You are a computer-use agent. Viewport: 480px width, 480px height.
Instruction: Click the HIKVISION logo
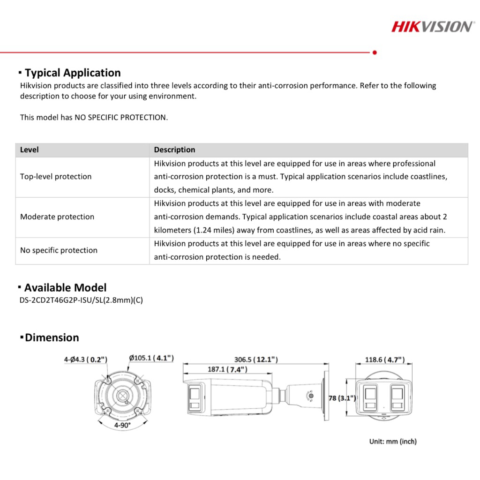(x=432, y=26)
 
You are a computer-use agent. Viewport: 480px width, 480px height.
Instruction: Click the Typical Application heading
(x=73, y=73)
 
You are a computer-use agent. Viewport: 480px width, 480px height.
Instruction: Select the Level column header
(x=30, y=150)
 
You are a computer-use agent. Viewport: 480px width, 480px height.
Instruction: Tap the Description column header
(x=174, y=150)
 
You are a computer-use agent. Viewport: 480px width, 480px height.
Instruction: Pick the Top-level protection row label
(x=56, y=177)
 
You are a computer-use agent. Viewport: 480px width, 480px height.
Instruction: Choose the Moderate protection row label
(x=57, y=217)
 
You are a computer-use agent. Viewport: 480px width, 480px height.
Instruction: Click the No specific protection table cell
(x=59, y=250)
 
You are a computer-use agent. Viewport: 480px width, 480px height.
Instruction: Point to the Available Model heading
(x=65, y=288)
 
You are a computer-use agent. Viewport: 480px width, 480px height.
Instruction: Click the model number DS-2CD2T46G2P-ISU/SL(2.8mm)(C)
(x=81, y=300)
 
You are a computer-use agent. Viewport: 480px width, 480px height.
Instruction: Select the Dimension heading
(x=52, y=337)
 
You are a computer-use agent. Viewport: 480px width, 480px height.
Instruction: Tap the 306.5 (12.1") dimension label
(x=256, y=360)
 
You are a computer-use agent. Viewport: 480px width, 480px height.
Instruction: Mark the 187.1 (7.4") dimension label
(x=227, y=369)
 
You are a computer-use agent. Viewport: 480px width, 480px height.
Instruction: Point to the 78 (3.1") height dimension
(x=342, y=398)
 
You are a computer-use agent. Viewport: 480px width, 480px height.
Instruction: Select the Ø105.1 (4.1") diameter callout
(x=151, y=358)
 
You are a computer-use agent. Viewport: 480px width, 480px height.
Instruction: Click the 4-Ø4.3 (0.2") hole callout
(x=86, y=360)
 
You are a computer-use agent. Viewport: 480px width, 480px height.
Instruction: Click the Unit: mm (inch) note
(x=393, y=441)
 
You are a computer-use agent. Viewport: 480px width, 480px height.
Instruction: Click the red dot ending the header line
(x=374, y=52)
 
